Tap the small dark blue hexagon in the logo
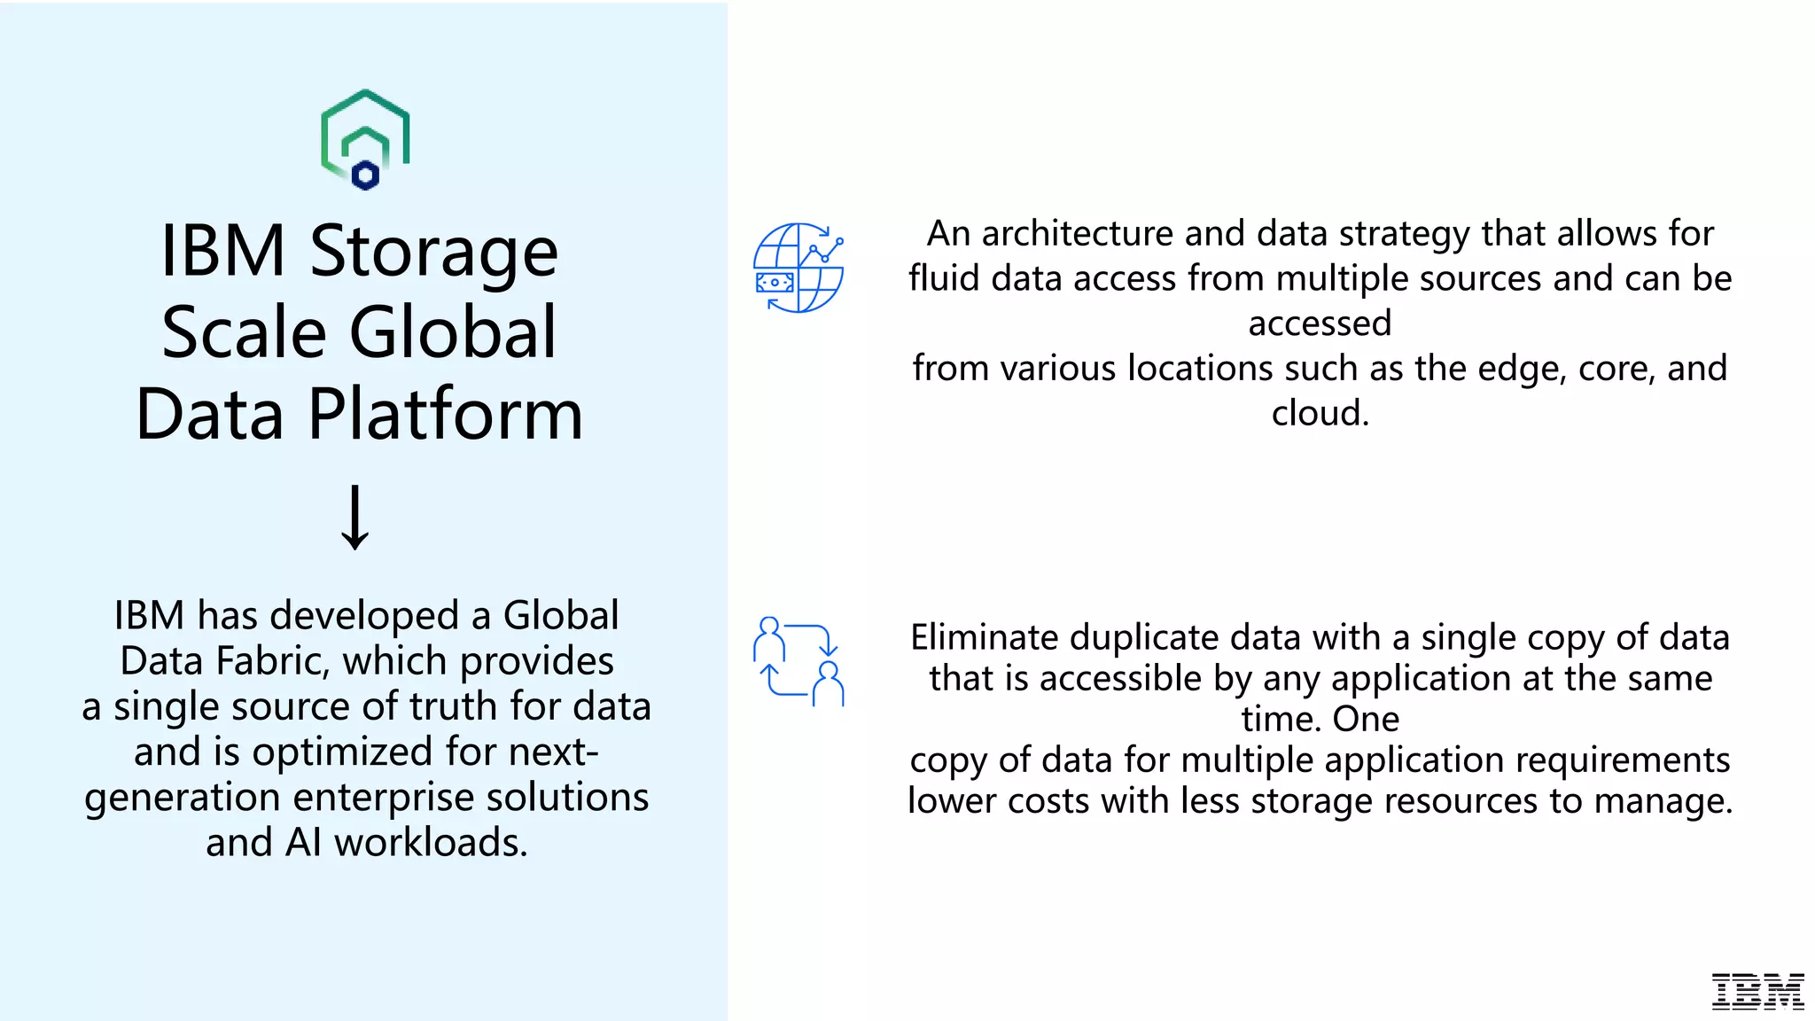pos(365,175)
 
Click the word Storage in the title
pos(433,251)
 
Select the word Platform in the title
pos(445,414)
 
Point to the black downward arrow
pos(355,518)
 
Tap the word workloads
pos(431,843)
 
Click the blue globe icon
pos(798,268)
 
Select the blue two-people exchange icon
pos(798,661)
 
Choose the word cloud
pos(1320,414)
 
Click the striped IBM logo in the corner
pos(1757,992)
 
